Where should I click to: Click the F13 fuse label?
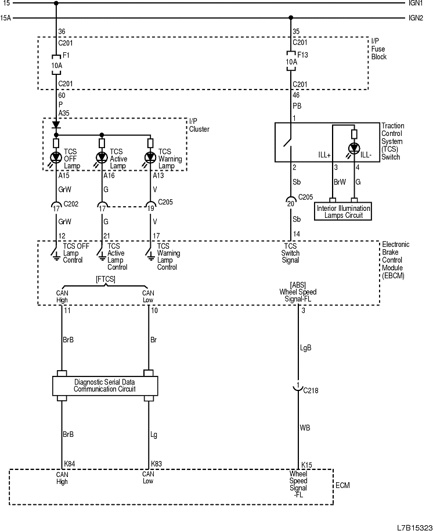point(302,56)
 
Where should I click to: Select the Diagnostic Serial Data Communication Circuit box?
point(105,385)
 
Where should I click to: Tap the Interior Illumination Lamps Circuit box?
point(344,211)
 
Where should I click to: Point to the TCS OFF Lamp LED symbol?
point(56,157)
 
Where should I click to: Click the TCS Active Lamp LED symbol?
point(102,157)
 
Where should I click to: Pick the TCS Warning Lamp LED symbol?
point(150,157)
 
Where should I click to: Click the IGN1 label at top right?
point(416,3)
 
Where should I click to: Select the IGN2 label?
point(416,18)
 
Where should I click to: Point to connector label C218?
point(311,391)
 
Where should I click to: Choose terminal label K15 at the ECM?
point(306,465)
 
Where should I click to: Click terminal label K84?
point(70,464)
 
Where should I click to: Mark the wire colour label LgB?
point(306,349)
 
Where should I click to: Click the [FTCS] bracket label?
point(105,280)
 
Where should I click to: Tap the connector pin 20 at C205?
point(290,203)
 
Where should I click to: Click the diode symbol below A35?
point(56,124)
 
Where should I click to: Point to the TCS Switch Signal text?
point(290,253)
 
